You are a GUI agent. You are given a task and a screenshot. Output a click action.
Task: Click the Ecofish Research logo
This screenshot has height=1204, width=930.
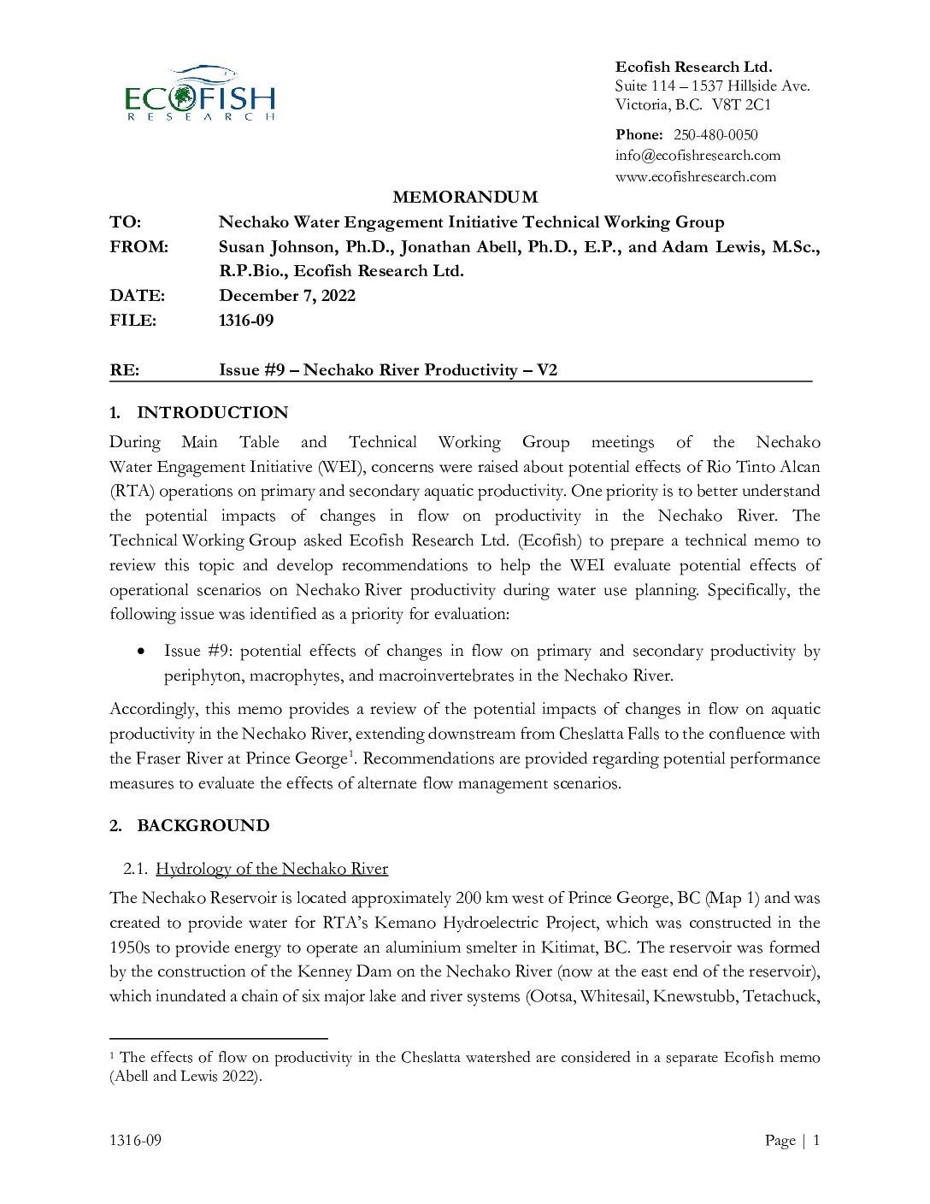tap(200, 93)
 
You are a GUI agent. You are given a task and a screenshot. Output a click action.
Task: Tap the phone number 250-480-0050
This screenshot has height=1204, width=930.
tap(715, 135)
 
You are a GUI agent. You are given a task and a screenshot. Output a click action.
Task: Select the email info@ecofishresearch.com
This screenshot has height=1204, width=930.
tap(697, 156)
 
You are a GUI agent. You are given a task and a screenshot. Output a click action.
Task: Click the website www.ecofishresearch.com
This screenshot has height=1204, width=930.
tap(696, 177)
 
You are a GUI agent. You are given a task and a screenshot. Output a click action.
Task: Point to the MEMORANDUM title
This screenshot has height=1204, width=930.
tap(465, 198)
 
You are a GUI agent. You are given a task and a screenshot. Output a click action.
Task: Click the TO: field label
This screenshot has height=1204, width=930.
tap(125, 222)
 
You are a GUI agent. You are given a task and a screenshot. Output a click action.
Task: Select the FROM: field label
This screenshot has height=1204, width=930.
tap(138, 247)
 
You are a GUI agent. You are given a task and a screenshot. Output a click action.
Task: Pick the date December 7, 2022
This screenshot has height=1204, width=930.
tap(287, 296)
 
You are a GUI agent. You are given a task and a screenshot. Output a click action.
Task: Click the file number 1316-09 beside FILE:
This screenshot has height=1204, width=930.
tap(246, 321)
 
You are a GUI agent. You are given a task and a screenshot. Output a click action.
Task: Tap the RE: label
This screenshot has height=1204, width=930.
tap(124, 370)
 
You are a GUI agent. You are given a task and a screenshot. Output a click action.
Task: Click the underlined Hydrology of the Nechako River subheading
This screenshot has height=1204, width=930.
tap(272, 869)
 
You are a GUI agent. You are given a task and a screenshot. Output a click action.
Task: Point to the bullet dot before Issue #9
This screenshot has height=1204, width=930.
tap(141, 652)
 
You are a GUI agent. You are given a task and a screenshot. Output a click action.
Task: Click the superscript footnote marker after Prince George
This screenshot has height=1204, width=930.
tap(350, 753)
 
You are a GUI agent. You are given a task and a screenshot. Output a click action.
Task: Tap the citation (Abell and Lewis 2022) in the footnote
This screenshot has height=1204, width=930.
tap(184, 1077)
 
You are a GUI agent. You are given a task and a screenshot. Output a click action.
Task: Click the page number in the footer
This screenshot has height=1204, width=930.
tap(816, 1141)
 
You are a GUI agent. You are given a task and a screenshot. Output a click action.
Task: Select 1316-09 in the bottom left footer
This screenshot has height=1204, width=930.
tap(135, 1141)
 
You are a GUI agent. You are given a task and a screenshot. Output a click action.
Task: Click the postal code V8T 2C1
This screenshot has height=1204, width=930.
tap(741, 105)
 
